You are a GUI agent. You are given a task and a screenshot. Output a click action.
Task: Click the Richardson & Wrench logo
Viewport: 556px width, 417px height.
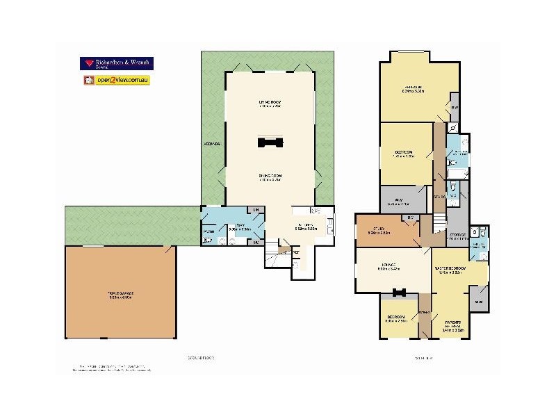pos(117,63)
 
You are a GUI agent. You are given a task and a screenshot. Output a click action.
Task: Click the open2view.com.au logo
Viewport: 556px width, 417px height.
pos(117,80)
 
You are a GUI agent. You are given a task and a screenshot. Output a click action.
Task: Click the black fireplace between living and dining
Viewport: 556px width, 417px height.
pos(269,142)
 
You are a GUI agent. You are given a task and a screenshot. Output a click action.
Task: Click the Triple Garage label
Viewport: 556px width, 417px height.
pos(120,293)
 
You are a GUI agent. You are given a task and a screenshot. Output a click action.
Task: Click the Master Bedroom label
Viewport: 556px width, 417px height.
pos(451,268)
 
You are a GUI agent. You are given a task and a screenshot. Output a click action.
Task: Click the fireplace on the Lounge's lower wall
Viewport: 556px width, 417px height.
pos(399,293)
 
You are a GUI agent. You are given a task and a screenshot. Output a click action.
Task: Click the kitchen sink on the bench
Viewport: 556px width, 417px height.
pos(329,224)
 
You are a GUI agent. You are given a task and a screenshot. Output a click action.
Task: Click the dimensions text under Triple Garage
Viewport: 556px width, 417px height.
pos(120,298)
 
